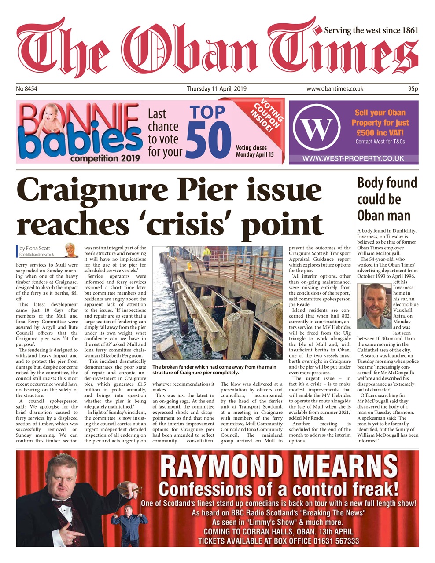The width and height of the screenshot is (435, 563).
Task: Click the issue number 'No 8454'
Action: pos(27,89)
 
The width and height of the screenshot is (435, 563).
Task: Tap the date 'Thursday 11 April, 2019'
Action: pos(217,89)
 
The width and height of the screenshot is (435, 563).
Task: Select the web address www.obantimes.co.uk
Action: pos(335,89)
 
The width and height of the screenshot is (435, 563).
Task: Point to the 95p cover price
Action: pos(413,89)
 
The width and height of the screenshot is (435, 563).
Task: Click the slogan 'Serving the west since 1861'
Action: pos(371,31)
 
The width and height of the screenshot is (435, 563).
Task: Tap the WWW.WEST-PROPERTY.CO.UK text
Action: pos(354,158)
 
